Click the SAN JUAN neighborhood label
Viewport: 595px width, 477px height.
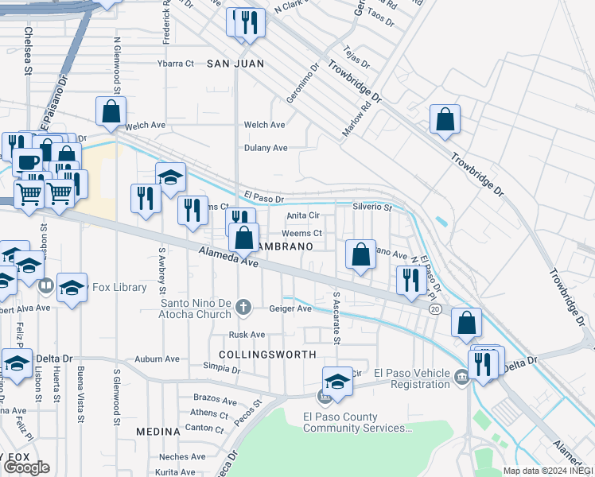point(235,63)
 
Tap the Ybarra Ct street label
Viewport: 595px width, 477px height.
point(176,63)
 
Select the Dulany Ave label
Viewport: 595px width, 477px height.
point(266,148)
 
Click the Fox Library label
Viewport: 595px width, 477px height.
point(119,288)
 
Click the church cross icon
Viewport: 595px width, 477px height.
point(247,306)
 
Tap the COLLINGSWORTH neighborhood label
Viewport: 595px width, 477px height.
point(267,355)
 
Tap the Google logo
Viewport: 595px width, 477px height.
point(26,467)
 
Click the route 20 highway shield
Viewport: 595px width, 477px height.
point(435,309)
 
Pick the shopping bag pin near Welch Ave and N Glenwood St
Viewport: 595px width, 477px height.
point(111,112)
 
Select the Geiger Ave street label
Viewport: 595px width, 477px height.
point(290,308)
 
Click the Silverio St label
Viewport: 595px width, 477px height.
point(372,207)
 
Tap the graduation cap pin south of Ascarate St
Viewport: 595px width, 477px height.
point(337,382)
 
